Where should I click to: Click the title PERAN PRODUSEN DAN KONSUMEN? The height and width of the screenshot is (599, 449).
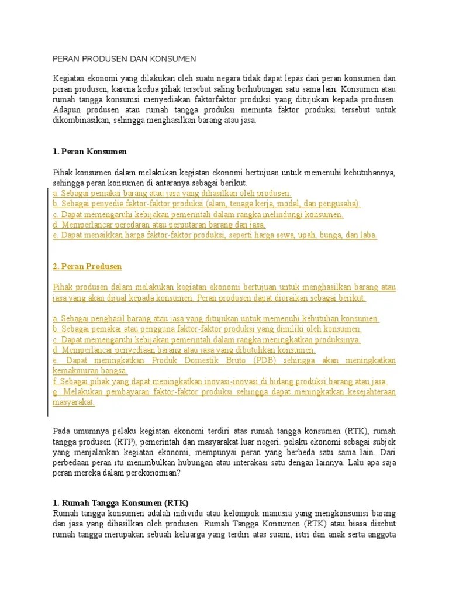click(x=125, y=59)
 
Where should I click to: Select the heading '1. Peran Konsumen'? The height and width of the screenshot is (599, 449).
click(x=89, y=152)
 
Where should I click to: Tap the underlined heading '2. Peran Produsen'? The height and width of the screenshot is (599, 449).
click(x=87, y=267)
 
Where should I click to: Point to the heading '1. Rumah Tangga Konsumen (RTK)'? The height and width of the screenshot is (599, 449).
click(x=120, y=502)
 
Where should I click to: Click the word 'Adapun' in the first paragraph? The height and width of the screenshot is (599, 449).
click(x=68, y=110)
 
